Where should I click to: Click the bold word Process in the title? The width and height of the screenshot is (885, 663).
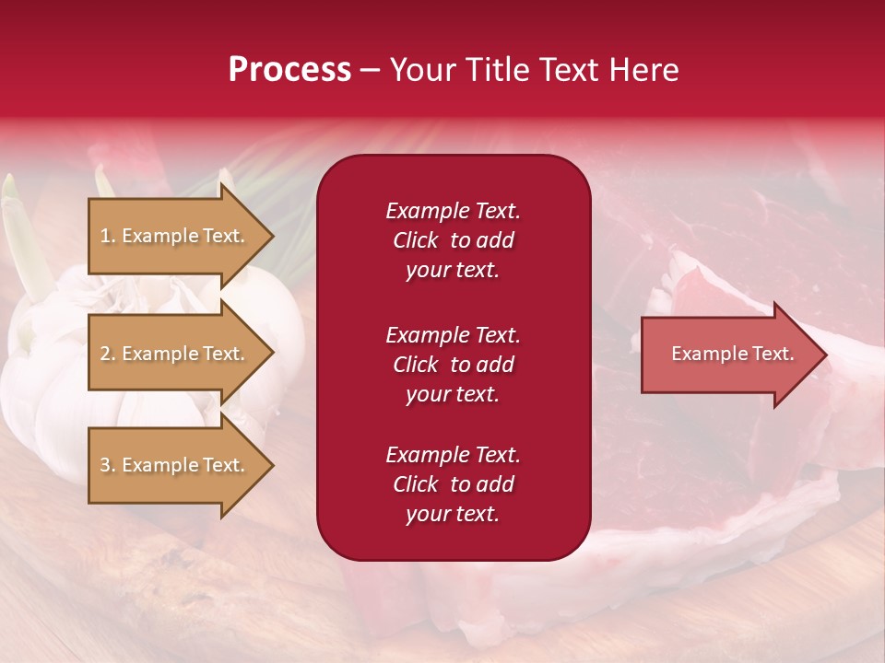click(289, 70)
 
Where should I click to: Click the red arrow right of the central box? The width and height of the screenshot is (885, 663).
click(728, 355)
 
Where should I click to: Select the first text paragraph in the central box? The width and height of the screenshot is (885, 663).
click(453, 240)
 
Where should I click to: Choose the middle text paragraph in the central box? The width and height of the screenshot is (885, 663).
click(453, 365)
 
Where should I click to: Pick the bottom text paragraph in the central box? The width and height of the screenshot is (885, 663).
click(453, 484)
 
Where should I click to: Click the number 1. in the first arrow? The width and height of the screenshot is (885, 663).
click(108, 236)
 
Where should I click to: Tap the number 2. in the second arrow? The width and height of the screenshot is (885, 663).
click(108, 354)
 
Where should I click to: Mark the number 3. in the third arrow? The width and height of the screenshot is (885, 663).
click(108, 465)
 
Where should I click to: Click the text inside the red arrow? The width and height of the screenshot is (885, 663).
click(732, 354)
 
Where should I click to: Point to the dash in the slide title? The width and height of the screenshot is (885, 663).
click(370, 71)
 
